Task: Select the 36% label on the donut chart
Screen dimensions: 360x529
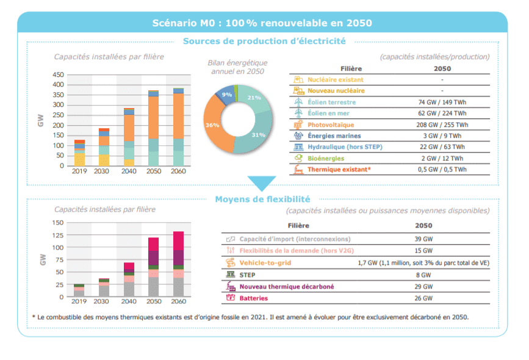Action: pyautogui.click(x=212, y=125)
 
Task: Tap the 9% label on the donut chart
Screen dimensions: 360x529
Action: pyautogui.click(x=227, y=95)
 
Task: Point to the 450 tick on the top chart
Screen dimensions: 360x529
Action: pyautogui.click(x=58, y=74)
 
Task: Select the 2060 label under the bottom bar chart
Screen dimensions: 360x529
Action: pyautogui.click(x=178, y=303)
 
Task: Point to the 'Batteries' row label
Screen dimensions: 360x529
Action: pyautogui.click(x=253, y=298)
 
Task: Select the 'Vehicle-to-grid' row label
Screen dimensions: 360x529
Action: pyautogui.click(x=265, y=263)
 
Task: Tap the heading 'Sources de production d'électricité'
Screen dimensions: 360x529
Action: pyautogui.click(x=264, y=41)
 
